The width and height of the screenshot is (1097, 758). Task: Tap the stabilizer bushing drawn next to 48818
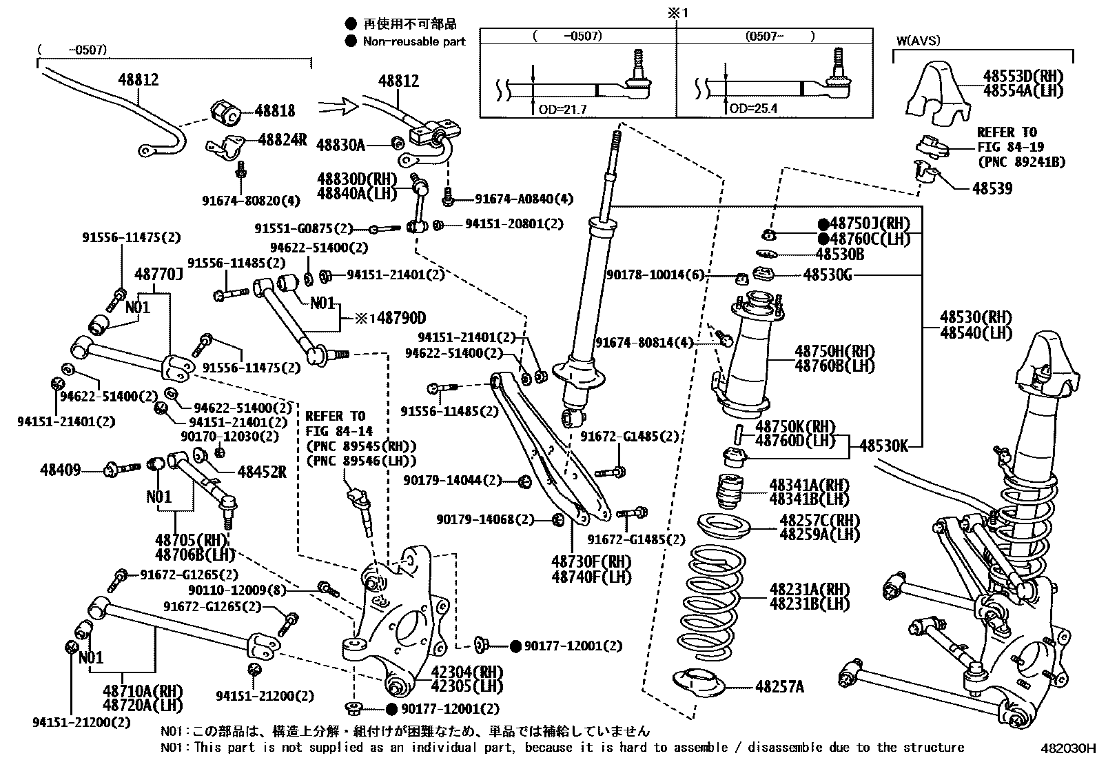(224, 112)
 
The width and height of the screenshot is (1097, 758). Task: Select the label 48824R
(282, 140)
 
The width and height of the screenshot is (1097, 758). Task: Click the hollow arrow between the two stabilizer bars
(337, 106)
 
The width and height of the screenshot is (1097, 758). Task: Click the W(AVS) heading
(918, 41)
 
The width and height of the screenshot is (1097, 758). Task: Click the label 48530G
(828, 275)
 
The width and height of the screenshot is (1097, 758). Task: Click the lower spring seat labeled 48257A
(699, 684)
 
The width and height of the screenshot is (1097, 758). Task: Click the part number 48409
(60, 470)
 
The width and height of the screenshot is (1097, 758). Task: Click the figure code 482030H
(1067, 748)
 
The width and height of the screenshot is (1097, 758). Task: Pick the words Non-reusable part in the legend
(414, 41)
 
